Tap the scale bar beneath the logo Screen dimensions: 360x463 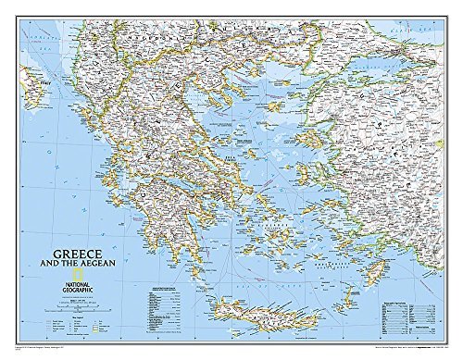point(65,294)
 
